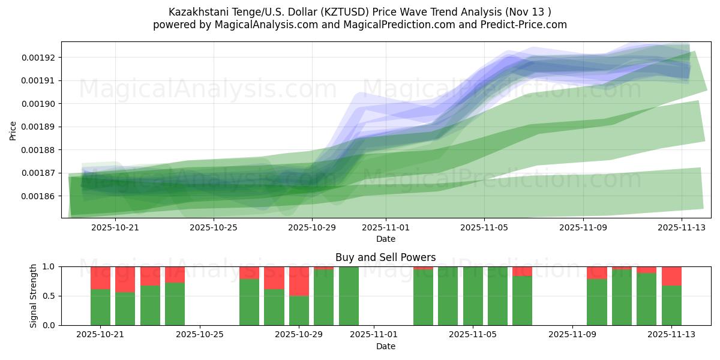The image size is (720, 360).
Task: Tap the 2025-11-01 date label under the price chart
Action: pos(386,227)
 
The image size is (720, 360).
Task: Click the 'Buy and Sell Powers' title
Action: pos(385,257)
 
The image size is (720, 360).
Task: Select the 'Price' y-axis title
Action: pos(13,130)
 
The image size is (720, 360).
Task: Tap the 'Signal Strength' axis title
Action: pos(34,295)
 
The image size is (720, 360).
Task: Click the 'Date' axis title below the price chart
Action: pos(386,239)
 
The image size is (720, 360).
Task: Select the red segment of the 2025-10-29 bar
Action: pos(299,281)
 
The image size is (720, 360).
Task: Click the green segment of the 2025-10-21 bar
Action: pos(100,307)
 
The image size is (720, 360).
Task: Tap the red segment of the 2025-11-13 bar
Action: pos(671,275)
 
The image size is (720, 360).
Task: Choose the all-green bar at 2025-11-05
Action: pos(473,296)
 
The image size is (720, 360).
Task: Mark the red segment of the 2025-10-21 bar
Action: pos(100,278)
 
